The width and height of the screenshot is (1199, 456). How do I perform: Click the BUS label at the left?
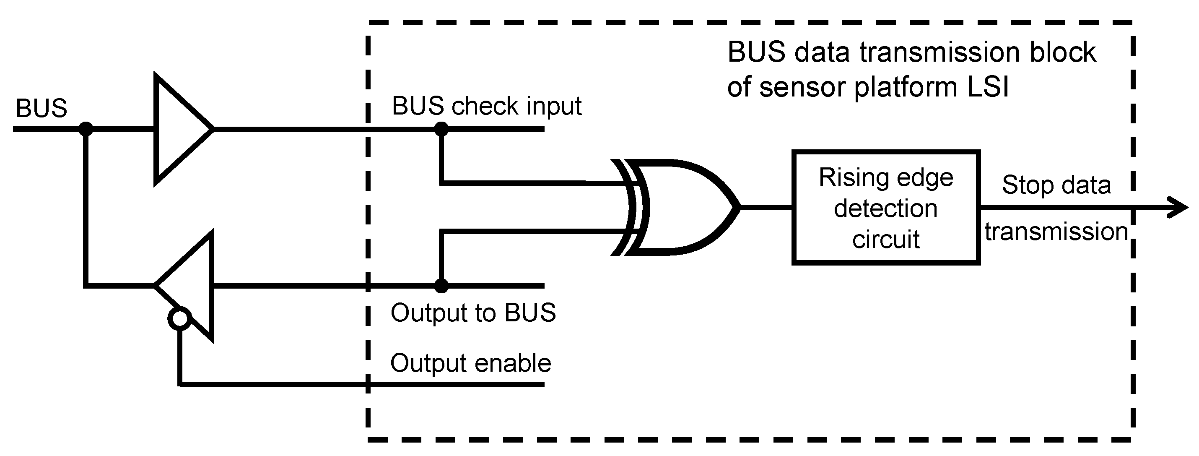click(42, 109)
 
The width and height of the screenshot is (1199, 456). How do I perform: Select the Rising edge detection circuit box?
click(886, 208)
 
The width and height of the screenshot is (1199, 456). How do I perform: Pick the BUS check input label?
click(486, 106)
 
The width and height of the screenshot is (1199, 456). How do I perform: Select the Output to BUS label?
click(473, 312)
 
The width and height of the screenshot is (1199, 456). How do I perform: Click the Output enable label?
click(470, 363)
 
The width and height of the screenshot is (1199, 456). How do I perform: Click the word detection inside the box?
click(885, 208)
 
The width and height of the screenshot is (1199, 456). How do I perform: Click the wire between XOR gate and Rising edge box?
click(766, 207)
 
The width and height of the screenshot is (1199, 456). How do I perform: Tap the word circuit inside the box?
click(885, 240)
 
